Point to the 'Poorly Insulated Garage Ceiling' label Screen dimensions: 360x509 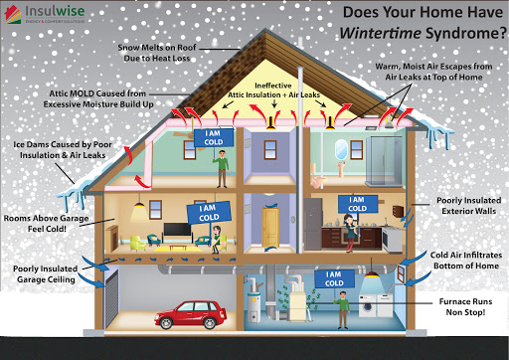[48, 274]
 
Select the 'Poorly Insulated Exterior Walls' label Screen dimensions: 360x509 [463, 207]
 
